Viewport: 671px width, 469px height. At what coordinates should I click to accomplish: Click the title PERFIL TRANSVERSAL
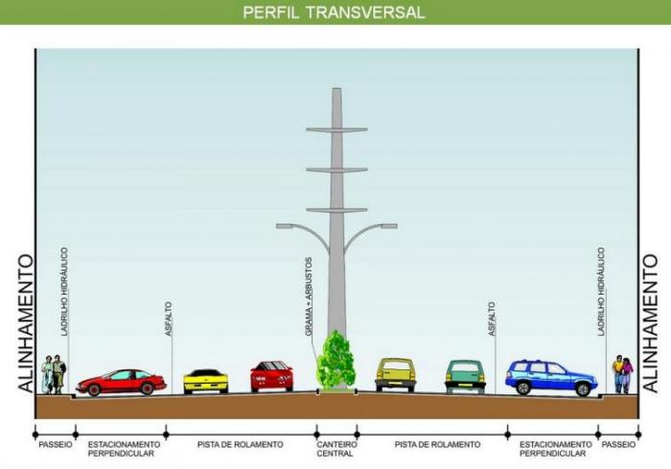point(334,11)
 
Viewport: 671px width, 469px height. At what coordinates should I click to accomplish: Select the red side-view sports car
point(121,382)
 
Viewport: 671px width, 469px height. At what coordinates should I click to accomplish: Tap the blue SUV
point(551,377)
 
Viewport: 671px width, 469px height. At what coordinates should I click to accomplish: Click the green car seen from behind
point(465,376)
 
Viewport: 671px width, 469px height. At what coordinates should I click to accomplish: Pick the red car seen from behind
point(271,376)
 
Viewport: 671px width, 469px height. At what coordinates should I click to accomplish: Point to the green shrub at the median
point(335,360)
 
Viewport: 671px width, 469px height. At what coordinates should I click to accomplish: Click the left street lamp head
point(284,226)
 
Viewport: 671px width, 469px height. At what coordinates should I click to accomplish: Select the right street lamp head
point(389,226)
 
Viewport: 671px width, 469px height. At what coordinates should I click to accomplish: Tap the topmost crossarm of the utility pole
point(336,129)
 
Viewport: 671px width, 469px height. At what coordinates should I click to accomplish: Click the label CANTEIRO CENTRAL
point(336,449)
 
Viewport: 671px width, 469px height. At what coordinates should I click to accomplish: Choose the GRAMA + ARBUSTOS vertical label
point(309,297)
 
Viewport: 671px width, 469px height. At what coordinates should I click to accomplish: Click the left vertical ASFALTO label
point(169,319)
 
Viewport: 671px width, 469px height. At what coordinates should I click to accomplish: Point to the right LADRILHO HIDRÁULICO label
point(601,291)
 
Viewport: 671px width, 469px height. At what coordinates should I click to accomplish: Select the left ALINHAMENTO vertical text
point(26,324)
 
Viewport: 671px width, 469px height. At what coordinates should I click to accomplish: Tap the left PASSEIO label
point(56,445)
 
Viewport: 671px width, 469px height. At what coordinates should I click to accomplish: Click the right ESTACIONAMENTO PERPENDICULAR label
point(555,449)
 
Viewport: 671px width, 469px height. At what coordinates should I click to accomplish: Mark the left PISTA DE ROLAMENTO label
point(240,445)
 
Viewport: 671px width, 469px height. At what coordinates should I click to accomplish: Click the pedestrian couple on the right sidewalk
point(623,374)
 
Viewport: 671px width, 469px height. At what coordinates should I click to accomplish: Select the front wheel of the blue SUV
point(583,390)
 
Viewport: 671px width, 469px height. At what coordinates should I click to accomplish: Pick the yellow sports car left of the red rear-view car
point(206,382)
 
